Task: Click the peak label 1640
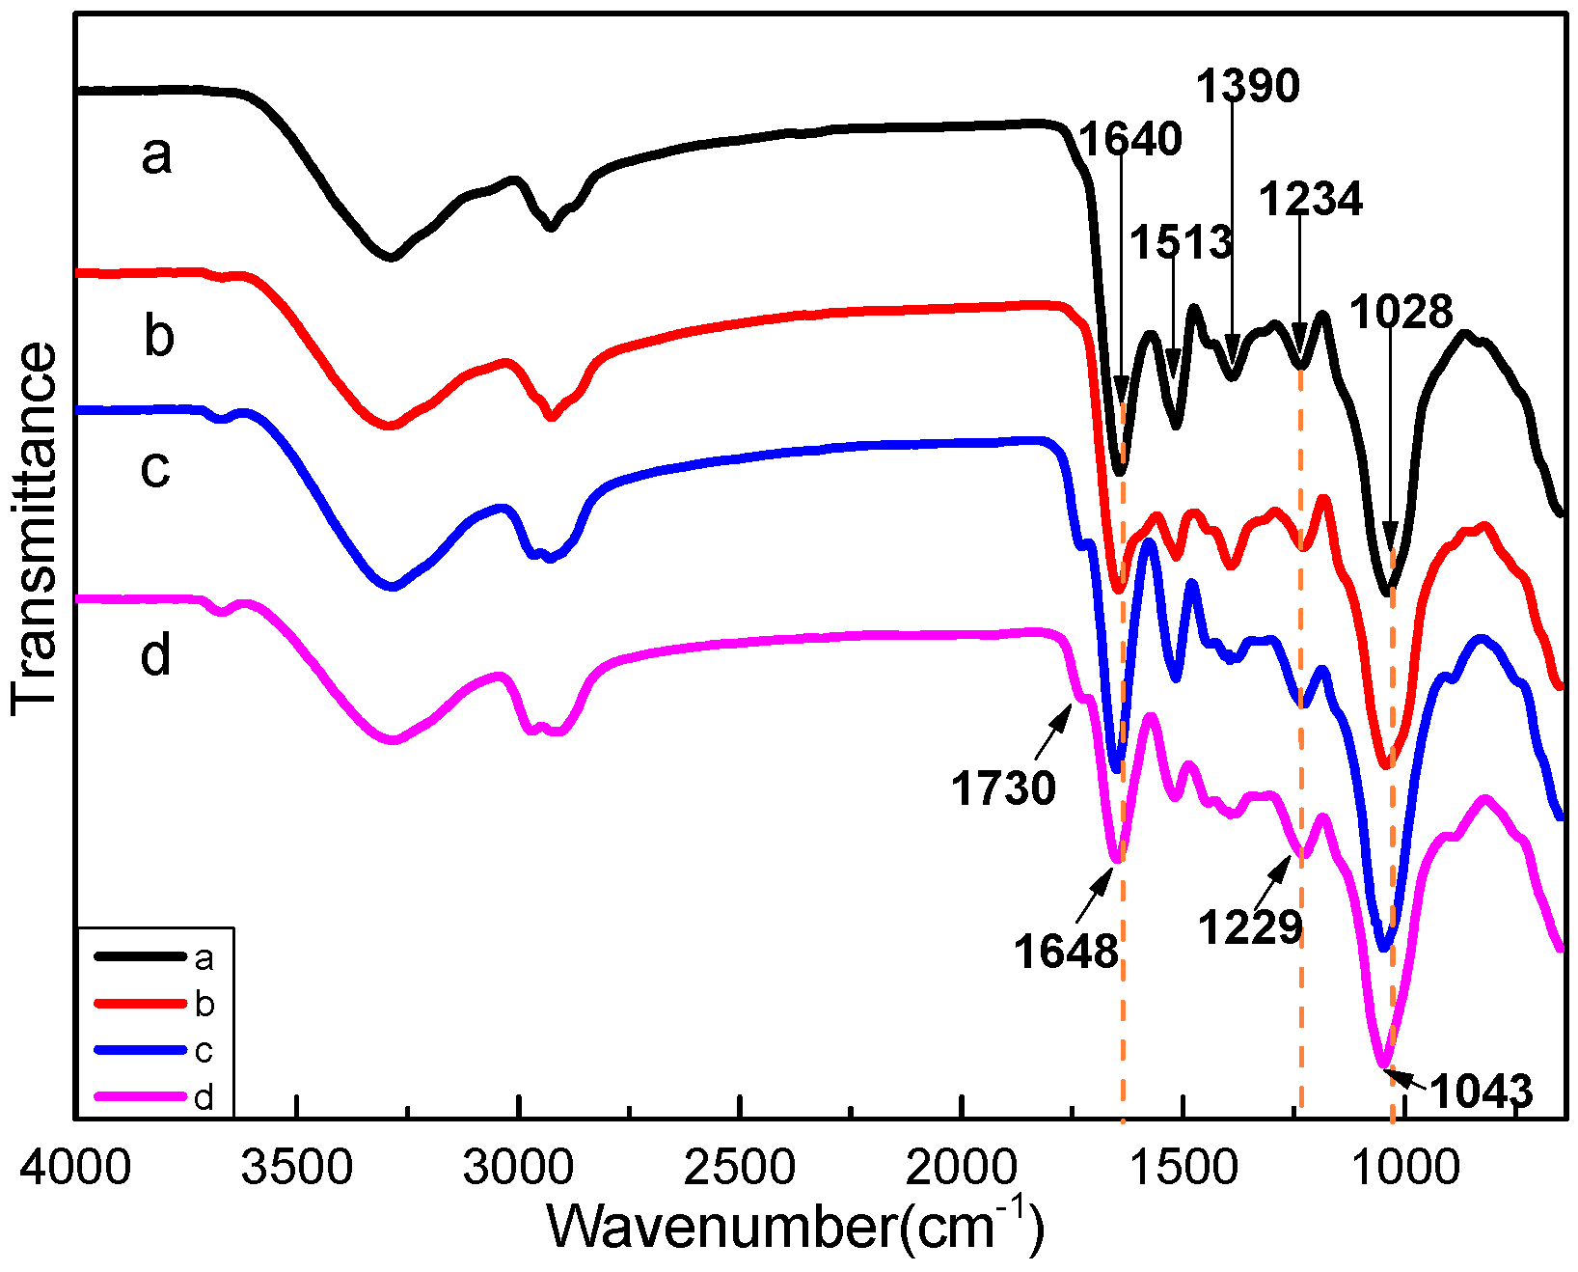pyautogui.click(x=1130, y=140)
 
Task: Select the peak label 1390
pyautogui.click(x=1248, y=87)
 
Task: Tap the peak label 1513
pyautogui.click(x=1182, y=241)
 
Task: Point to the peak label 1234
pyautogui.click(x=1311, y=200)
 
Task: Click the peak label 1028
pyautogui.click(x=1401, y=312)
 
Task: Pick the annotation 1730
pyautogui.click(x=1003, y=788)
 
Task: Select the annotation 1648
pyautogui.click(x=1066, y=953)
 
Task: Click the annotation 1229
pyautogui.click(x=1250, y=927)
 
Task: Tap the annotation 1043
pyautogui.click(x=1481, y=1092)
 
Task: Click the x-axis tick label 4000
pyautogui.click(x=75, y=1168)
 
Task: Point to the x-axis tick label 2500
pyautogui.click(x=740, y=1168)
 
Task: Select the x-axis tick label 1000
pyautogui.click(x=1405, y=1168)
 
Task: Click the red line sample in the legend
pyautogui.click(x=140, y=1005)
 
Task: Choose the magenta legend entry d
pyautogui.click(x=204, y=1097)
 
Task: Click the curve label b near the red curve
pyautogui.click(x=159, y=336)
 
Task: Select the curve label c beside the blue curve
pyautogui.click(x=156, y=468)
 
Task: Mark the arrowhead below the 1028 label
pyautogui.click(x=1390, y=536)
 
